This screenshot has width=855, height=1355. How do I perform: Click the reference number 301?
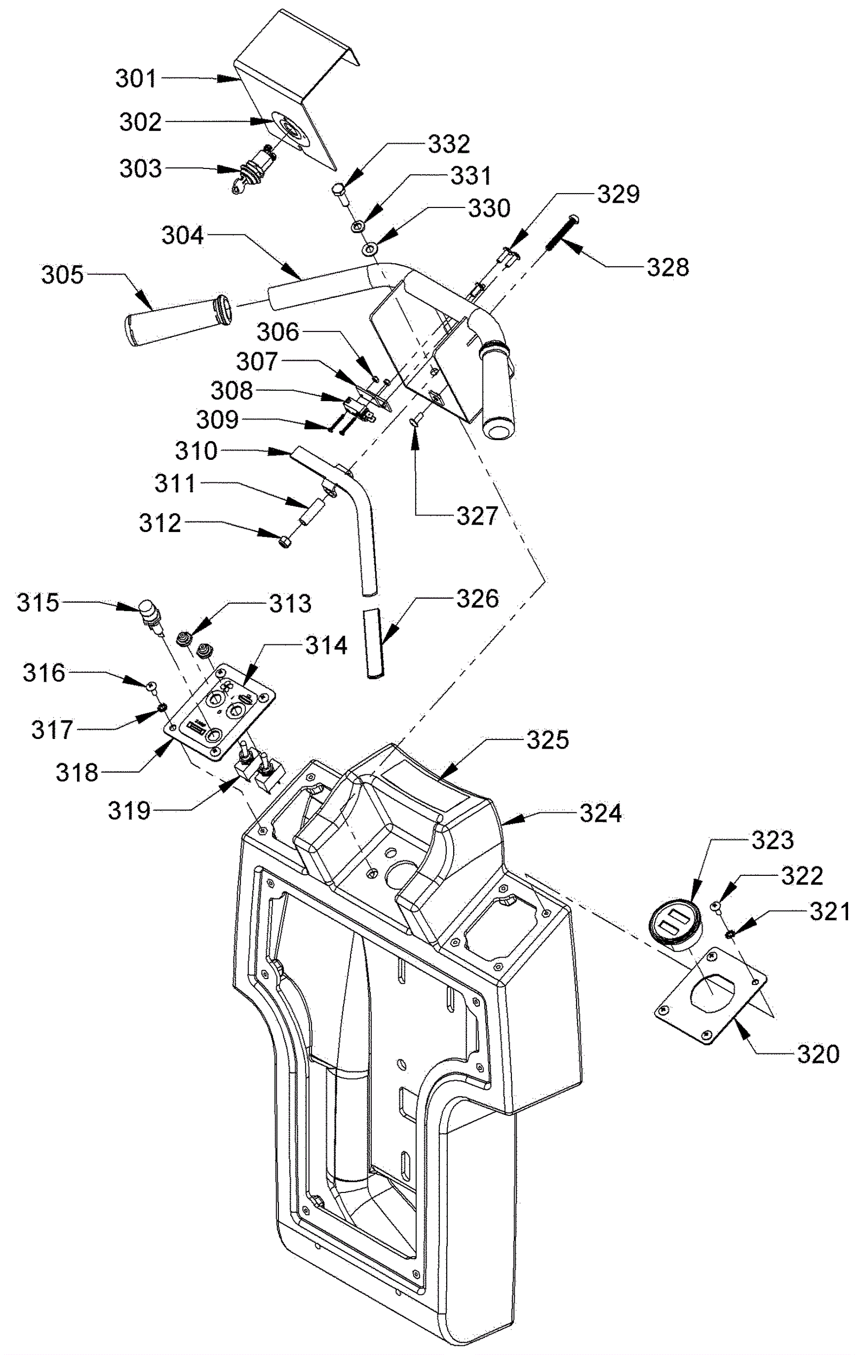(x=136, y=78)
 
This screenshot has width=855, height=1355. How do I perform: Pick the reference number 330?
(x=489, y=209)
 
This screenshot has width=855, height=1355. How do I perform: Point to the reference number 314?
(x=327, y=645)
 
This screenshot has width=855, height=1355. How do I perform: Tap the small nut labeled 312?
(x=285, y=542)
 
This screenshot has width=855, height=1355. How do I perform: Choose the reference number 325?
(x=547, y=740)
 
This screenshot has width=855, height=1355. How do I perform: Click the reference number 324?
(x=601, y=813)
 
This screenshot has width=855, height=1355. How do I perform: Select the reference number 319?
(x=129, y=811)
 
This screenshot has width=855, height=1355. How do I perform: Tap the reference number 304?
(x=183, y=235)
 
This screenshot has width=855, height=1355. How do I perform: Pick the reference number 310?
(x=196, y=451)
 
